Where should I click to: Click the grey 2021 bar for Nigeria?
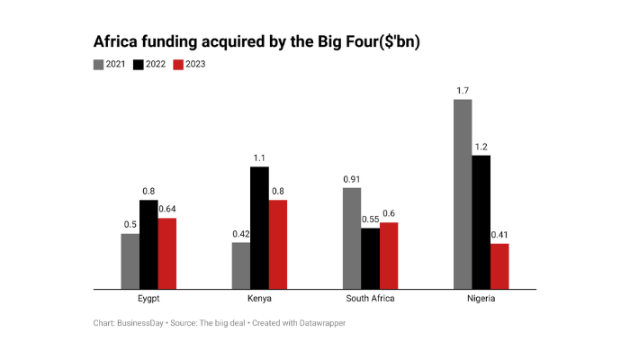(x=463, y=194)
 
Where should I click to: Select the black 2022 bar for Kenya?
(x=259, y=228)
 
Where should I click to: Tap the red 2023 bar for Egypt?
(x=167, y=254)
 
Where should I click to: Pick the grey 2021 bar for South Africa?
(x=352, y=238)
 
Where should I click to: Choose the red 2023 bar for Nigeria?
(x=499, y=266)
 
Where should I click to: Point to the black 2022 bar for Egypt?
(x=148, y=245)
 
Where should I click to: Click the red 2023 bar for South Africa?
(x=389, y=256)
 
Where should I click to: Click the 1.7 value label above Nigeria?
(x=463, y=90)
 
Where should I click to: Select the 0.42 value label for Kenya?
(x=239, y=234)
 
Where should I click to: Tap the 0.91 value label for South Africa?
(x=352, y=179)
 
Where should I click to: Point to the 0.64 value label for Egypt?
(x=167, y=210)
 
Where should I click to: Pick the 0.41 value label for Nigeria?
(x=499, y=235)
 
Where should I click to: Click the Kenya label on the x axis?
(x=259, y=299)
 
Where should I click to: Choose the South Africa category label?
(x=370, y=299)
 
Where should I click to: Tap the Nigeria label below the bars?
(x=481, y=299)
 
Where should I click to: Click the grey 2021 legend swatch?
(x=99, y=64)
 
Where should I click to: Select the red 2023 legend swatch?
(x=178, y=64)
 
